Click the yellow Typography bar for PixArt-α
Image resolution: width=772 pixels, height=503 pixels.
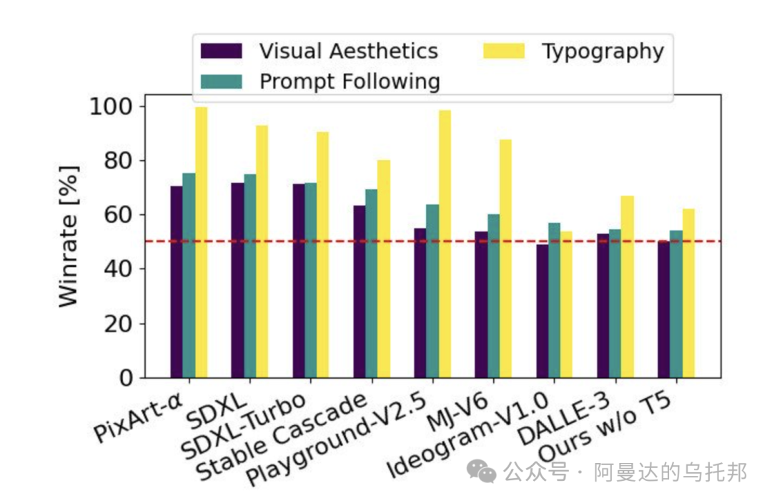[201, 243]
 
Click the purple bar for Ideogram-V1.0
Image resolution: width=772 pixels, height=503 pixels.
[543, 311]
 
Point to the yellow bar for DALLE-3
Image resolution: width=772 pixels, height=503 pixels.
[627, 287]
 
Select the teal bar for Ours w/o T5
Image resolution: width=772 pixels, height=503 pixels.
[676, 304]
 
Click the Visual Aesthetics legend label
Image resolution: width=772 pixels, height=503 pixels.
[348, 51]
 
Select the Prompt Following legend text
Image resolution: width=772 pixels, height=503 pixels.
[350, 81]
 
